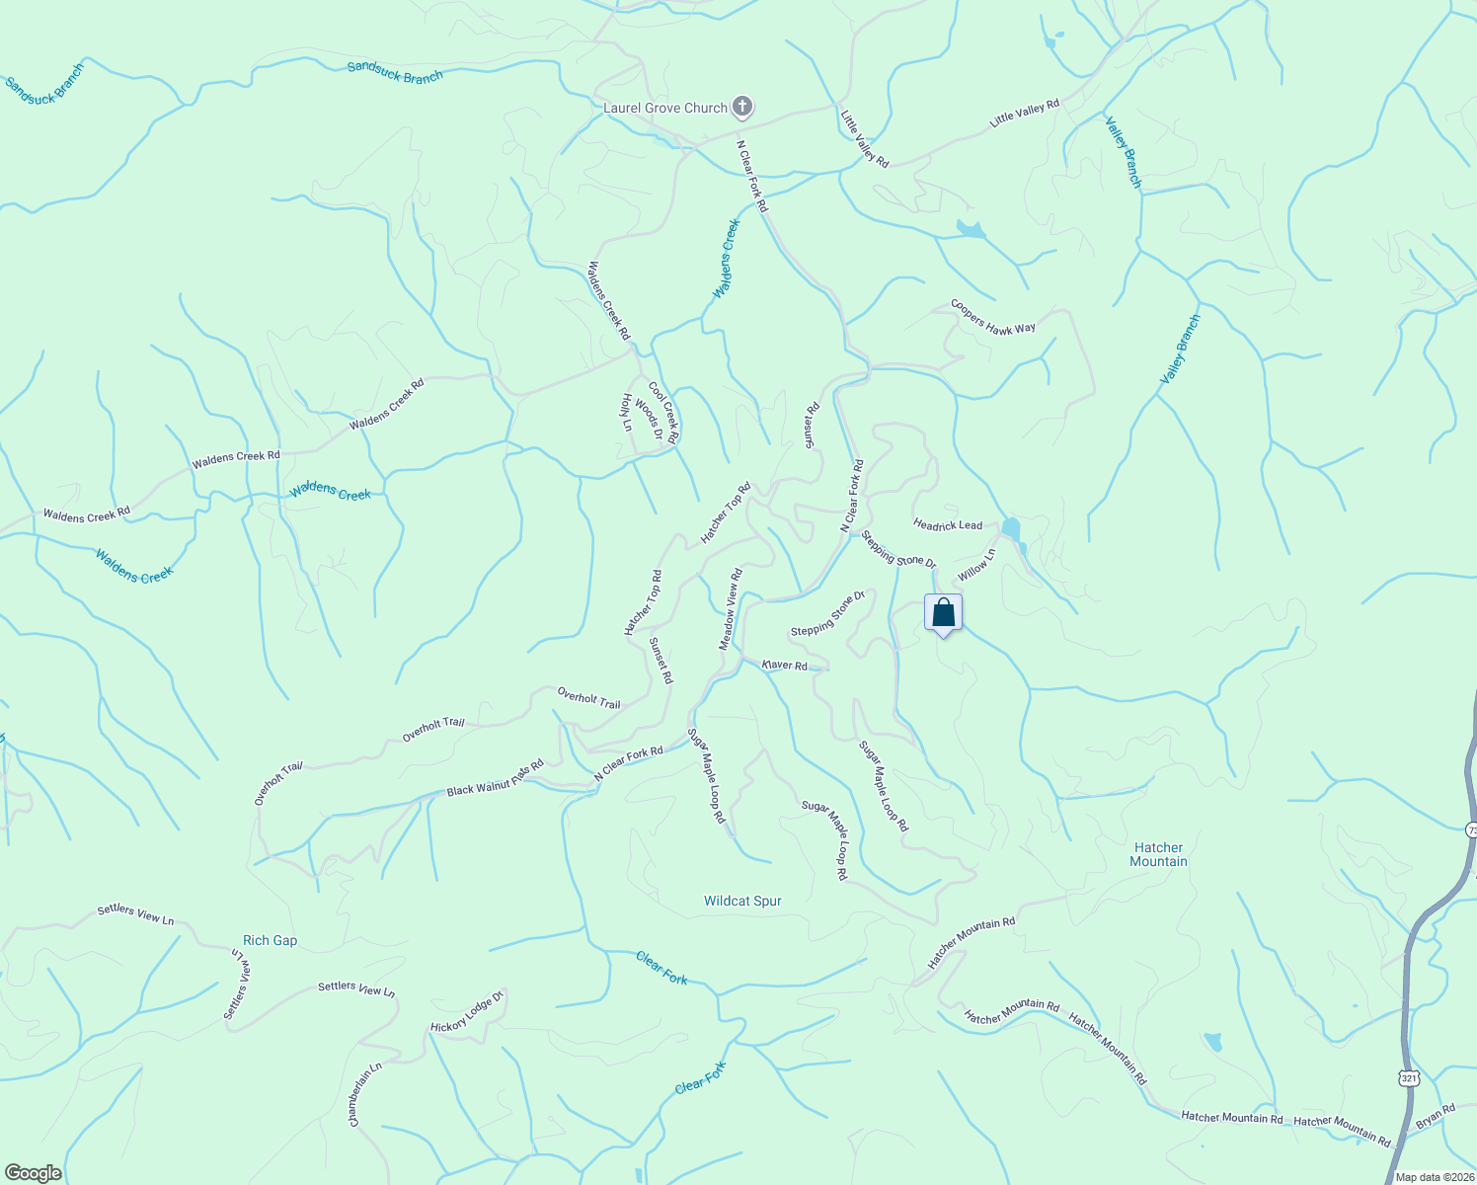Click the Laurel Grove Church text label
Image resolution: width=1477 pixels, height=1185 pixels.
664,108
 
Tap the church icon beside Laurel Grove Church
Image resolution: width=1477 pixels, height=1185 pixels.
742,107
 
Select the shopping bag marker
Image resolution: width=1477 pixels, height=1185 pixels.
943,613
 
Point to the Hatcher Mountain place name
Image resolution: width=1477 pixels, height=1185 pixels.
1158,854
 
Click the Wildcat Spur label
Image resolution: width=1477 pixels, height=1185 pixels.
742,901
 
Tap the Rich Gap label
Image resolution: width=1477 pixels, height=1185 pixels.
270,940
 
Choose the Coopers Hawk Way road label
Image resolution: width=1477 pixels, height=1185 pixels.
992,317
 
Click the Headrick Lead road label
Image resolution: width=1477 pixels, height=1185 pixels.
948,524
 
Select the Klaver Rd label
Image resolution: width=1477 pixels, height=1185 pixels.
785,665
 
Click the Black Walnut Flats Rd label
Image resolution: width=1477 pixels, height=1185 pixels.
495,778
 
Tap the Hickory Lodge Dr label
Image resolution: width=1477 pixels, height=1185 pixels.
467,1012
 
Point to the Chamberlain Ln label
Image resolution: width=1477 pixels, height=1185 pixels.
364,1094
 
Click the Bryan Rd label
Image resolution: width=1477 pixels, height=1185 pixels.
1436,1116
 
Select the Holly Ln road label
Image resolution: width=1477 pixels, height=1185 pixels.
626,413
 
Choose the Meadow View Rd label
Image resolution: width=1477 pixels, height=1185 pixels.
731,608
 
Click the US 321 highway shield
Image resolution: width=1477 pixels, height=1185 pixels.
1409,1078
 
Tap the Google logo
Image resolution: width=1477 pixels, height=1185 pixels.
33,1173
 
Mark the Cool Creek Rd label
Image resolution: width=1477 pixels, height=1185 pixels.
663,412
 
